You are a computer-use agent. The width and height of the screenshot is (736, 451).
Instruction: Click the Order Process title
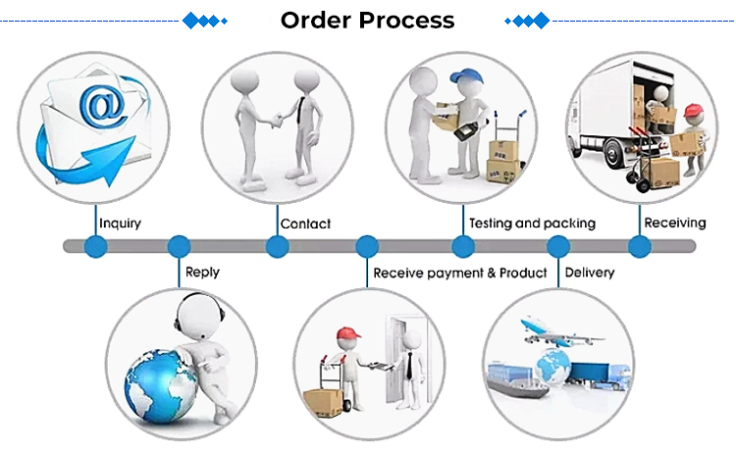click(367, 20)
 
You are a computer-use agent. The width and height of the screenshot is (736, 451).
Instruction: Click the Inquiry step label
click(120, 223)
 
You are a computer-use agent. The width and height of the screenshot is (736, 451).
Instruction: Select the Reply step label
click(202, 272)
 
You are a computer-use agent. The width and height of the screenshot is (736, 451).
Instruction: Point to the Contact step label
click(305, 224)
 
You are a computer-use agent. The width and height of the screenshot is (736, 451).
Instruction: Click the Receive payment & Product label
click(459, 272)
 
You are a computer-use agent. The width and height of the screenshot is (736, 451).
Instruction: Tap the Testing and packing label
click(532, 223)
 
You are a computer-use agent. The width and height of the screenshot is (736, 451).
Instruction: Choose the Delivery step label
click(590, 272)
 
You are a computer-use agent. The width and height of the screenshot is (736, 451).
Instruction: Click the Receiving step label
click(674, 223)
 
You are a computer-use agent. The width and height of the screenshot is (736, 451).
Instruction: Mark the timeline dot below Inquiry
click(95, 246)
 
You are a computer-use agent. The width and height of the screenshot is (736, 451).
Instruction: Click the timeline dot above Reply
click(179, 246)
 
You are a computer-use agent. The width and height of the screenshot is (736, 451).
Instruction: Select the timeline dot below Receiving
click(640, 246)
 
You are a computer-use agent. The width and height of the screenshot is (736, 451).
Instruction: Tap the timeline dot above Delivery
click(557, 246)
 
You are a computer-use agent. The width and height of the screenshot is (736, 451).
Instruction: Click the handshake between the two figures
click(278, 118)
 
